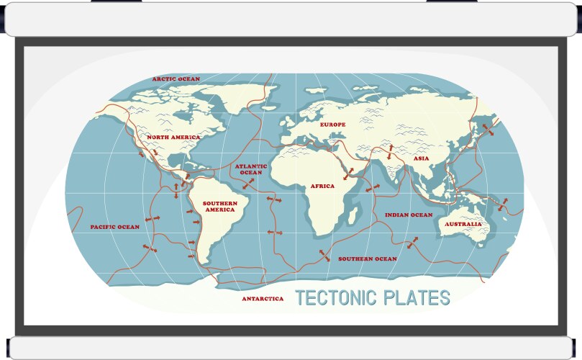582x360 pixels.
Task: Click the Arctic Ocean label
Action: (176, 79)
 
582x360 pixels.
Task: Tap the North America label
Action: (173, 137)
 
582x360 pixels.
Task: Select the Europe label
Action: (332, 125)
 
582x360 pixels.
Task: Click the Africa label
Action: (322, 186)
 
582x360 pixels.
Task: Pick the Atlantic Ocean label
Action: (251, 169)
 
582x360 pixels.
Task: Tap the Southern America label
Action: (219, 206)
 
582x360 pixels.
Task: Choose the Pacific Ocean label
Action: (115, 227)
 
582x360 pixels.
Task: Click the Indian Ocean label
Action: (409, 215)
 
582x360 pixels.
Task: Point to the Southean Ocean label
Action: (368, 258)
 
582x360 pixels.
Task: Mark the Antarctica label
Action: (263, 298)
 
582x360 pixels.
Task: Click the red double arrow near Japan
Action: (488, 130)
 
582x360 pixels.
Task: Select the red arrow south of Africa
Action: (324, 256)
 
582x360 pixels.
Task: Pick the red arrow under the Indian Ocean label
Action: (412, 243)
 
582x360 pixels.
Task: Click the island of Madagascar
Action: (355, 211)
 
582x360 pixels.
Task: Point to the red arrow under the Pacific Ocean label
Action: (150, 248)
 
